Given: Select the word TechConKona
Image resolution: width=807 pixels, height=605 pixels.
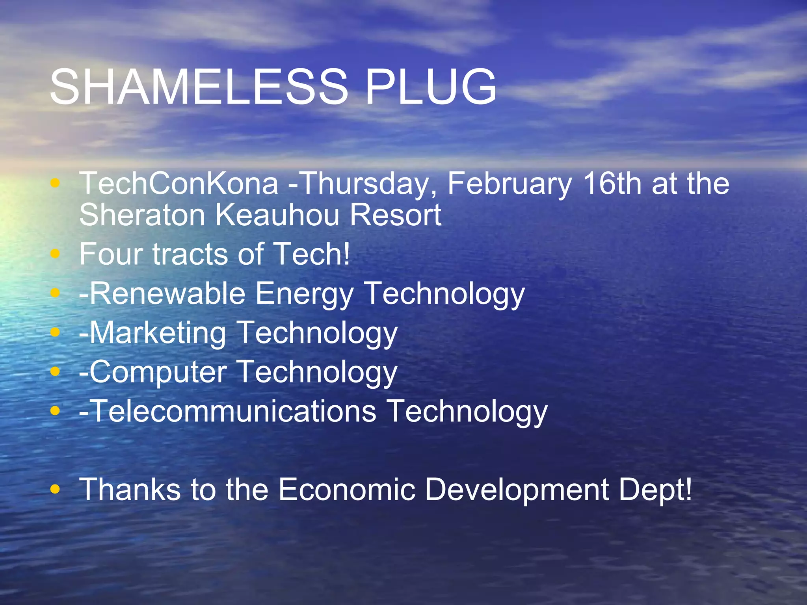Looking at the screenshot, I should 179,184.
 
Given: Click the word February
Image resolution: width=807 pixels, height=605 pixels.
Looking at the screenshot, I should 509,184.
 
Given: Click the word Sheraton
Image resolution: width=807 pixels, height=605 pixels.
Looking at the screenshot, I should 142,215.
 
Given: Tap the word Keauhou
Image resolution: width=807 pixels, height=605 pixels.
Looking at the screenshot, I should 277,215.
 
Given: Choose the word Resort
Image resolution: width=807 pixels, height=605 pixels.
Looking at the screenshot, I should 395,215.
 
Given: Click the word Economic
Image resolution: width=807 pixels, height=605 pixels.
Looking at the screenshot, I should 347,490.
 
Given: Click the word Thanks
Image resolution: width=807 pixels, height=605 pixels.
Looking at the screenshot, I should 130,490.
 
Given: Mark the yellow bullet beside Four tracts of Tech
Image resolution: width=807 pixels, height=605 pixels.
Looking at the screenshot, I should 56,254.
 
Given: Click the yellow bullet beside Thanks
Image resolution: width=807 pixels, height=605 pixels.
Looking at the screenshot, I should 56,489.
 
